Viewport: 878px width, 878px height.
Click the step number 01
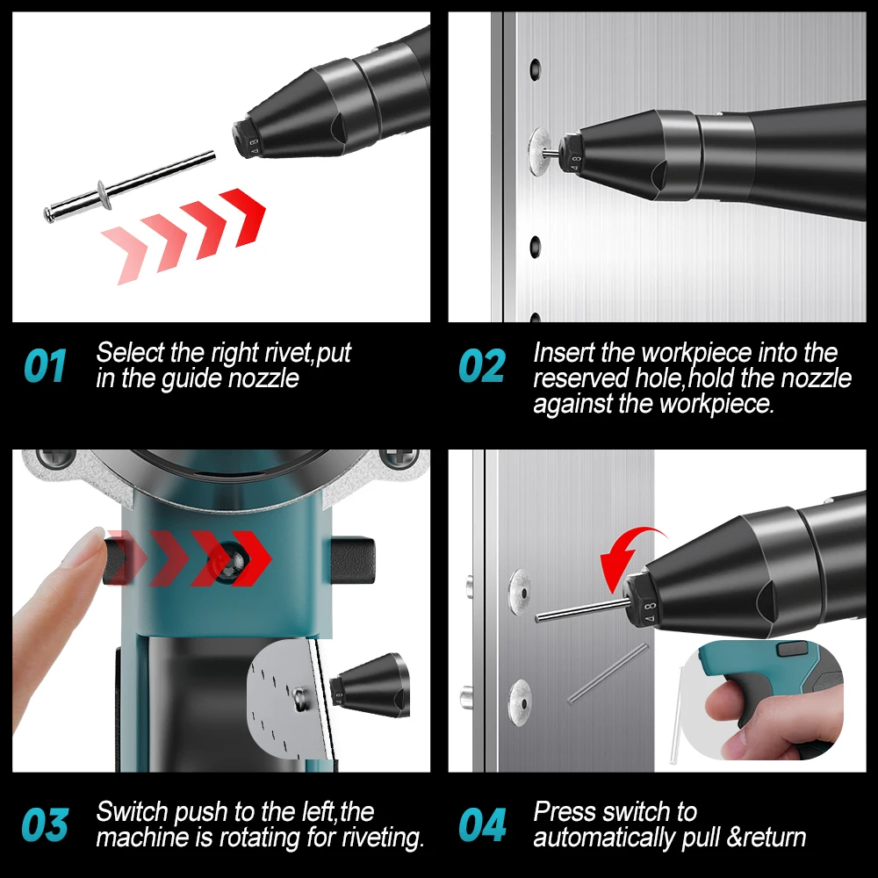[x=45, y=366]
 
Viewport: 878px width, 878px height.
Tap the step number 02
[x=482, y=366]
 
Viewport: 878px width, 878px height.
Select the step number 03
[x=45, y=826]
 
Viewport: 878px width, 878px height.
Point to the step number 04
[x=482, y=826]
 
